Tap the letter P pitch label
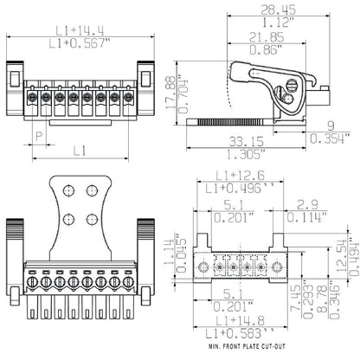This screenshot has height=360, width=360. coord(38,135)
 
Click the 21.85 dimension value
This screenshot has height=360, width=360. coord(264,39)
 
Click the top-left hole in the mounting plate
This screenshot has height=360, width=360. coord(70,189)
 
